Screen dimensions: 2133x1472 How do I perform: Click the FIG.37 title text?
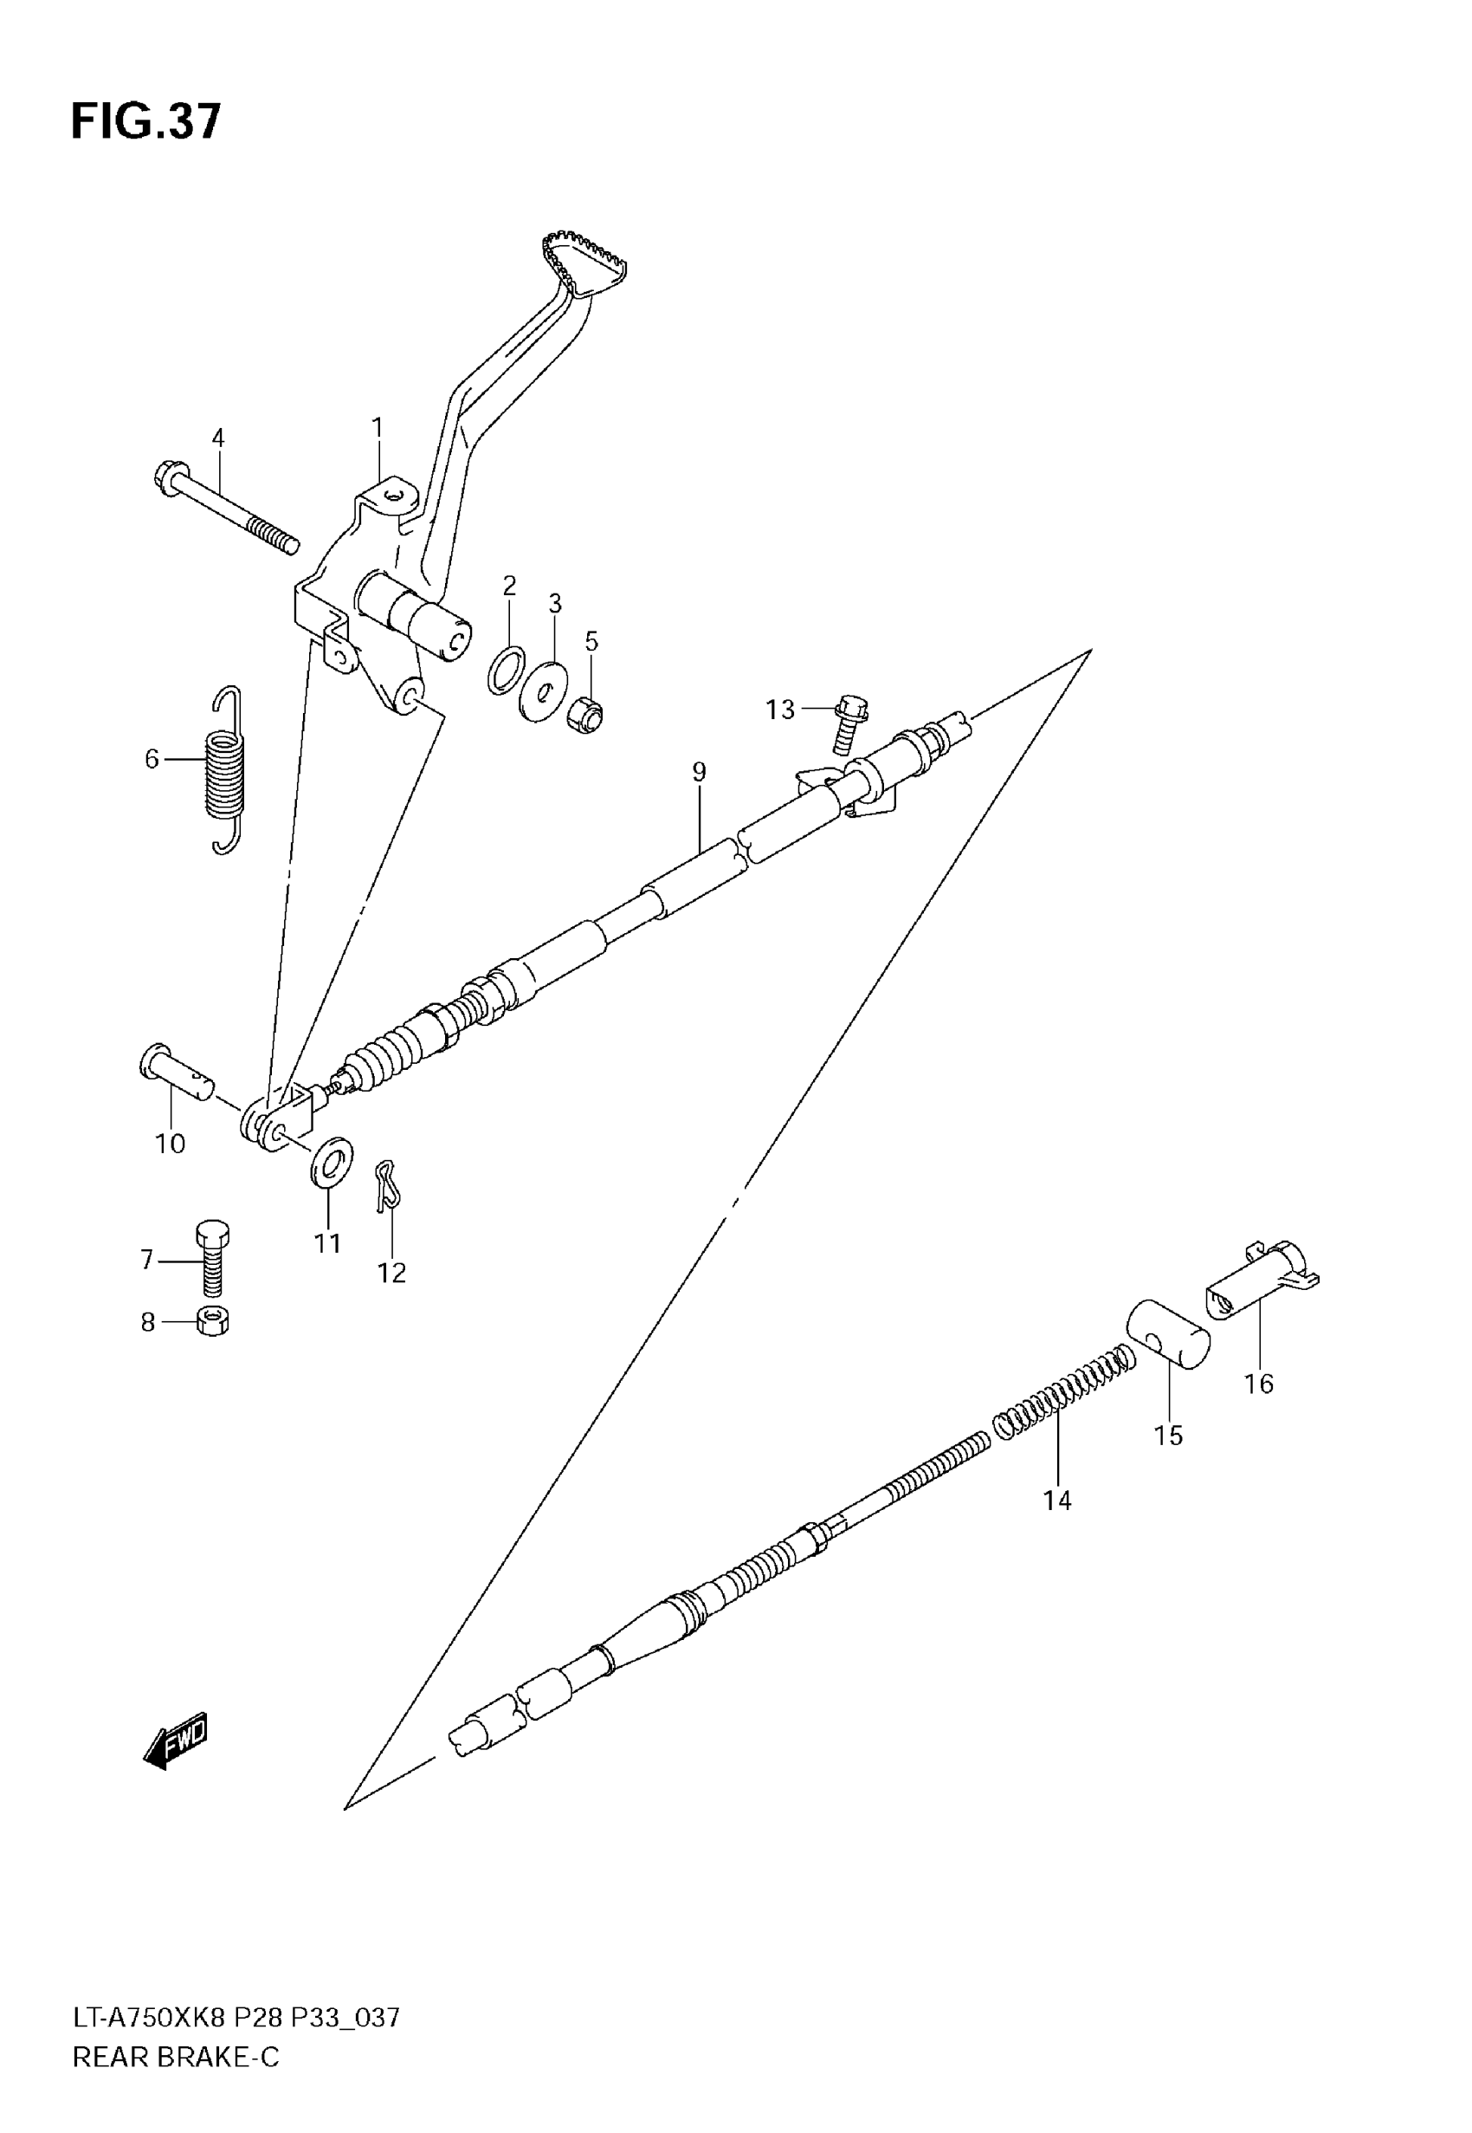pyautogui.click(x=145, y=122)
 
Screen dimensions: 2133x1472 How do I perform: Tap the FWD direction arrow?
pyautogui.click(x=176, y=1740)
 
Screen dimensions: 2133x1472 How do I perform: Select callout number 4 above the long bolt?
pyautogui.click(x=217, y=438)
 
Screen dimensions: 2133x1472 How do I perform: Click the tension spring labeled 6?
pyautogui.click(x=225, y=770)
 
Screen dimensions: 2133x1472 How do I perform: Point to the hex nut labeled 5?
pyautogui.click(x=586, y=712)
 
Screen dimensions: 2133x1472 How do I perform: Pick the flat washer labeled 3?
pyautogui.click(x=544, y=690)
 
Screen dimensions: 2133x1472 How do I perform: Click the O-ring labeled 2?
pyautogui.click(x=507, y=670)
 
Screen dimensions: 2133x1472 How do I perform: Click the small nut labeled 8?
pyautogui.click(x=213, y=1322)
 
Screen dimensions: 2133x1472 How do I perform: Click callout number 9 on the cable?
pyautogui.click(x=699, y=771)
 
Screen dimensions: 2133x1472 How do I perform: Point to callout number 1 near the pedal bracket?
pyautogui.click(x=378, y=427)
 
